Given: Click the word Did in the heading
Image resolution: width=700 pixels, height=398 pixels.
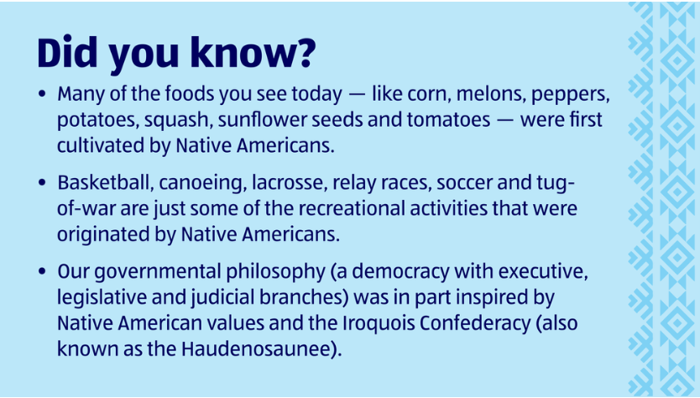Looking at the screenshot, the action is [x=67, y=52].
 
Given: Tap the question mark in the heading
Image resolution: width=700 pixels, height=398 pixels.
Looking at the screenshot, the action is [x=304, y=52].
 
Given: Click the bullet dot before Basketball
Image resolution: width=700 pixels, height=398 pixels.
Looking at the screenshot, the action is [x=43, y=182].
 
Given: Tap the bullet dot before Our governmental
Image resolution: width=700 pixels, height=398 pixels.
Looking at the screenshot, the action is [x=43, y=271].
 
